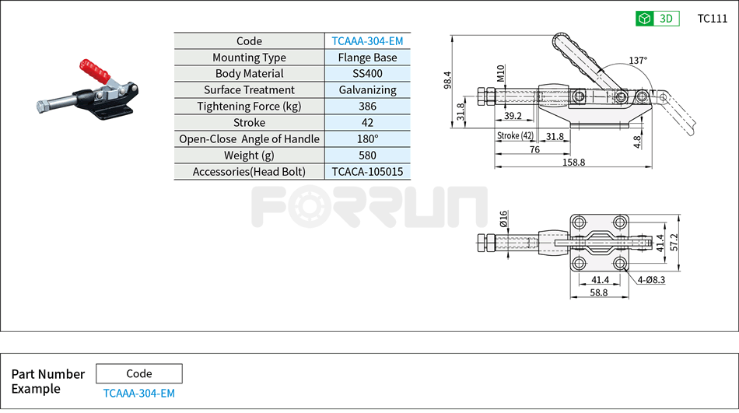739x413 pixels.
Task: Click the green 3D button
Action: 657,19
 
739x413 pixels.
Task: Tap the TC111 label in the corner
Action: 712,19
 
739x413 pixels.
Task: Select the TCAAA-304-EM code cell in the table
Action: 367,41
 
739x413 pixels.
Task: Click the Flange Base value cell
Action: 367,58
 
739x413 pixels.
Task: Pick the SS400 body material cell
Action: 367,74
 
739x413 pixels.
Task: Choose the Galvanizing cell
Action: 367,90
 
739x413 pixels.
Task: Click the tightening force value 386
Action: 367,107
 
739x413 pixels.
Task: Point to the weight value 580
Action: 367,156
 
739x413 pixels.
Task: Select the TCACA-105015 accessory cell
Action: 367,172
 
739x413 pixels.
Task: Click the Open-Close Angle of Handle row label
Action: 249,139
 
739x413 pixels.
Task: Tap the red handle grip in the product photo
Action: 93,71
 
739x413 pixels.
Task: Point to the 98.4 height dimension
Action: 447,80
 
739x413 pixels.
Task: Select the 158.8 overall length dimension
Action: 573,163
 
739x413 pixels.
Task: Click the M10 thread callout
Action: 501,73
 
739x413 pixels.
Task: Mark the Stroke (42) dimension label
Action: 515,136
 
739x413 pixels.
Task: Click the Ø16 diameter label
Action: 503,219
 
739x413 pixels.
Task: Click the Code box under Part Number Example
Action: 139,373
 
